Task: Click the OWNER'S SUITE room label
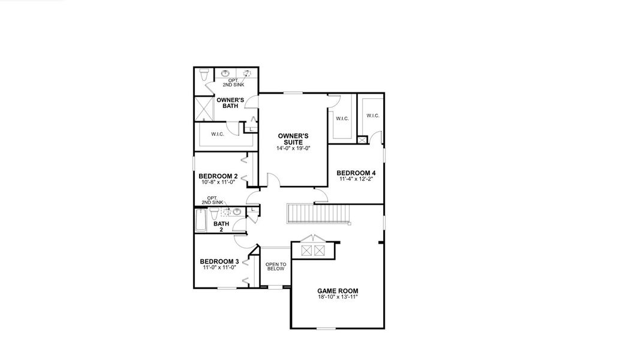click(293, 139)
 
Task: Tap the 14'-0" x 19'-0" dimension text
click(293, 148)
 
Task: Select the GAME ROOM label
click(338, 291)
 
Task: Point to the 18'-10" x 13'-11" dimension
click(338, 297)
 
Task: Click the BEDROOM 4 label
click(356, 173)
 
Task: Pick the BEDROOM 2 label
click(218, 176)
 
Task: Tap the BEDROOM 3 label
click(219, 261)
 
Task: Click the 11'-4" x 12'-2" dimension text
click(356, 179)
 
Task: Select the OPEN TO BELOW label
click(276, 266)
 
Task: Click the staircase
click(318, 214)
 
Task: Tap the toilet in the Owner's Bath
click(204, 76)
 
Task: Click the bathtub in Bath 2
click(201, 220)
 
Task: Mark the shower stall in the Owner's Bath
click(205, 109)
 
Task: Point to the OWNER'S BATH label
click(230, 103)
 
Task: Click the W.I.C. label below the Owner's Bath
click(217, 134)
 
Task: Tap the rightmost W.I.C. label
click(372, 116)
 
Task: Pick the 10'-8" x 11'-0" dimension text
click(218, 182)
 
